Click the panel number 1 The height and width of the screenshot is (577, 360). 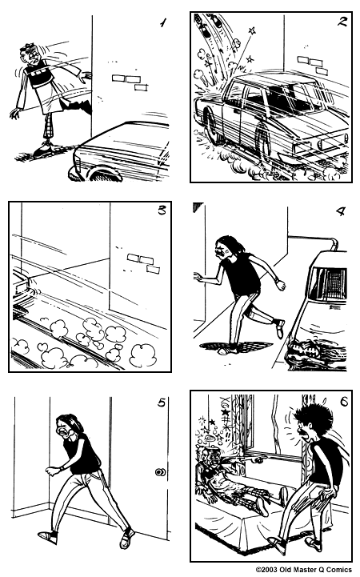tap(163, 23)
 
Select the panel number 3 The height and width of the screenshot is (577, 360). tap(162, 212)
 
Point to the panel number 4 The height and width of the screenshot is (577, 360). tap(339, 212)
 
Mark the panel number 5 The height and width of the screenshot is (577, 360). tap(162, 403)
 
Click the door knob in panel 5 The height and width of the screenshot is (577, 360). tap(160, 472)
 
